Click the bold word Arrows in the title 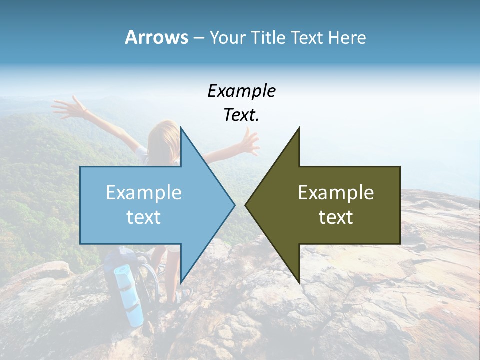[156, 37]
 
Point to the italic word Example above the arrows [241, 91]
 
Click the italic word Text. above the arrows [241, 115]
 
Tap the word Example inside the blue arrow [144, 193]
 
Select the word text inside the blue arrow [144, 217]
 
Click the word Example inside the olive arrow [336, 193]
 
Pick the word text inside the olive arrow [336, 217]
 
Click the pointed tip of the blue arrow [234, 205]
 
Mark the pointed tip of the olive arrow [245, 205]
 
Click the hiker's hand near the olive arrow [250, 142]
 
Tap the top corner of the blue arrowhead [181, 128]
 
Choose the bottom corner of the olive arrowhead [299, 282]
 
